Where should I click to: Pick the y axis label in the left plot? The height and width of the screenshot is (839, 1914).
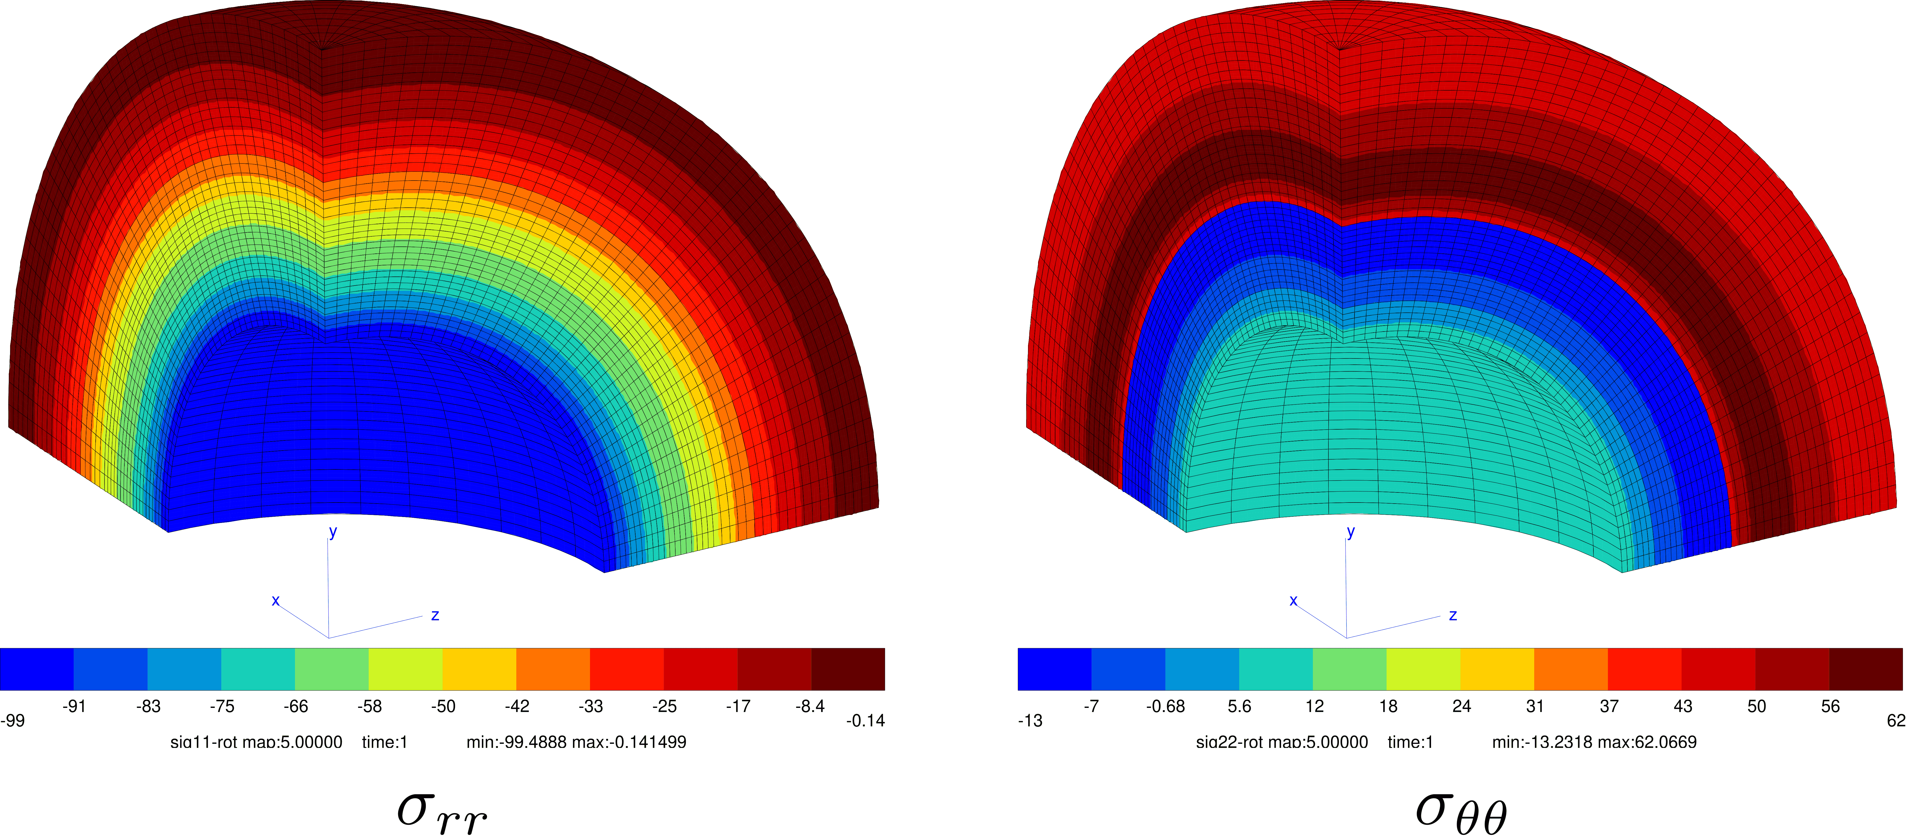[x=333, y=532]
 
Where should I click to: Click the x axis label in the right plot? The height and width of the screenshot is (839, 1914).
[x=1293, y=601]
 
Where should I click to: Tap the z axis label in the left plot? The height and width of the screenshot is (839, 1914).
[x=435, y=615]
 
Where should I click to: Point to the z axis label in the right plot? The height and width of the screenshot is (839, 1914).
[x=1452, y=615]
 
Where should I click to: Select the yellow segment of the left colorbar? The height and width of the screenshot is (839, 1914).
[x=479, y=669]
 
